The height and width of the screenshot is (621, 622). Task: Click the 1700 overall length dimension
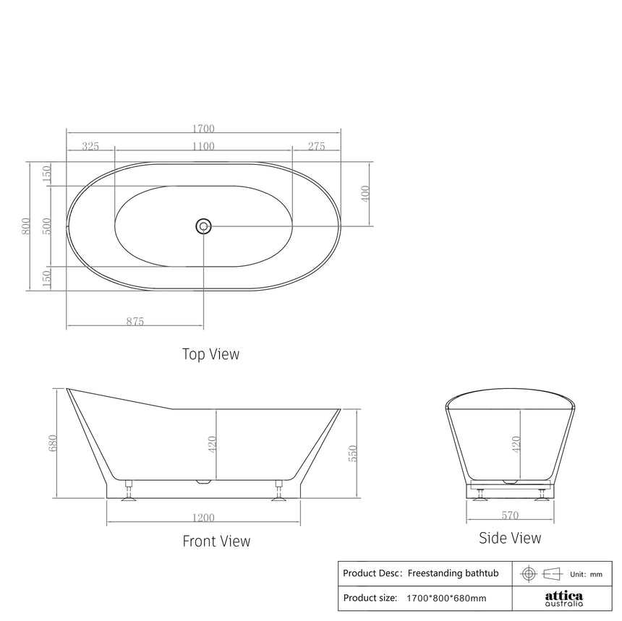point(203,129)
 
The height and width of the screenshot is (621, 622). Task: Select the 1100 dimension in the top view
point(203,146)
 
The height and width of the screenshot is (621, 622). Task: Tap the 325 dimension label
point(90,146)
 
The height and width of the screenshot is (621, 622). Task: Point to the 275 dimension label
point(316,146)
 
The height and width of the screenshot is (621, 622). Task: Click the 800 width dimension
point(26,227)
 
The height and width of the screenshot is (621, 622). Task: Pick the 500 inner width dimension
point(46,226)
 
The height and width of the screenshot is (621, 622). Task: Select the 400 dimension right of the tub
point(365,194)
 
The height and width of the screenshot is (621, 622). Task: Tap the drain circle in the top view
point(203,226)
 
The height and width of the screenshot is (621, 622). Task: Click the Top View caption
point(210,354)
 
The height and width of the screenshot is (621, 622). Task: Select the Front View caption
point(216,541)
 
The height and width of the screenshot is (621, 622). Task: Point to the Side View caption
point(510,538)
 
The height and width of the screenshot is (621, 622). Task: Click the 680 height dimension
point(52,443)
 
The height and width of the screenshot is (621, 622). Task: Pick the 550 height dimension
point(354,453)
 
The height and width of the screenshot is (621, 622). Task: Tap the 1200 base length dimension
point(204,518)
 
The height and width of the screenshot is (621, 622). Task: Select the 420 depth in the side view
point(516,443)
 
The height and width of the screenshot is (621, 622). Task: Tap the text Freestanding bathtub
point(453,573)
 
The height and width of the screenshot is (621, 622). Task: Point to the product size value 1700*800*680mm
point(446,598)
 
